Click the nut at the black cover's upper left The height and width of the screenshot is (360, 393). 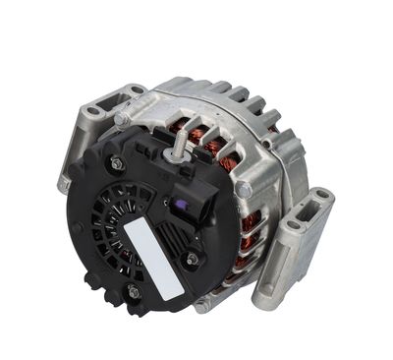click(118, 163)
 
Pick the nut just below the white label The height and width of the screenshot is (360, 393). click(132, 291)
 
